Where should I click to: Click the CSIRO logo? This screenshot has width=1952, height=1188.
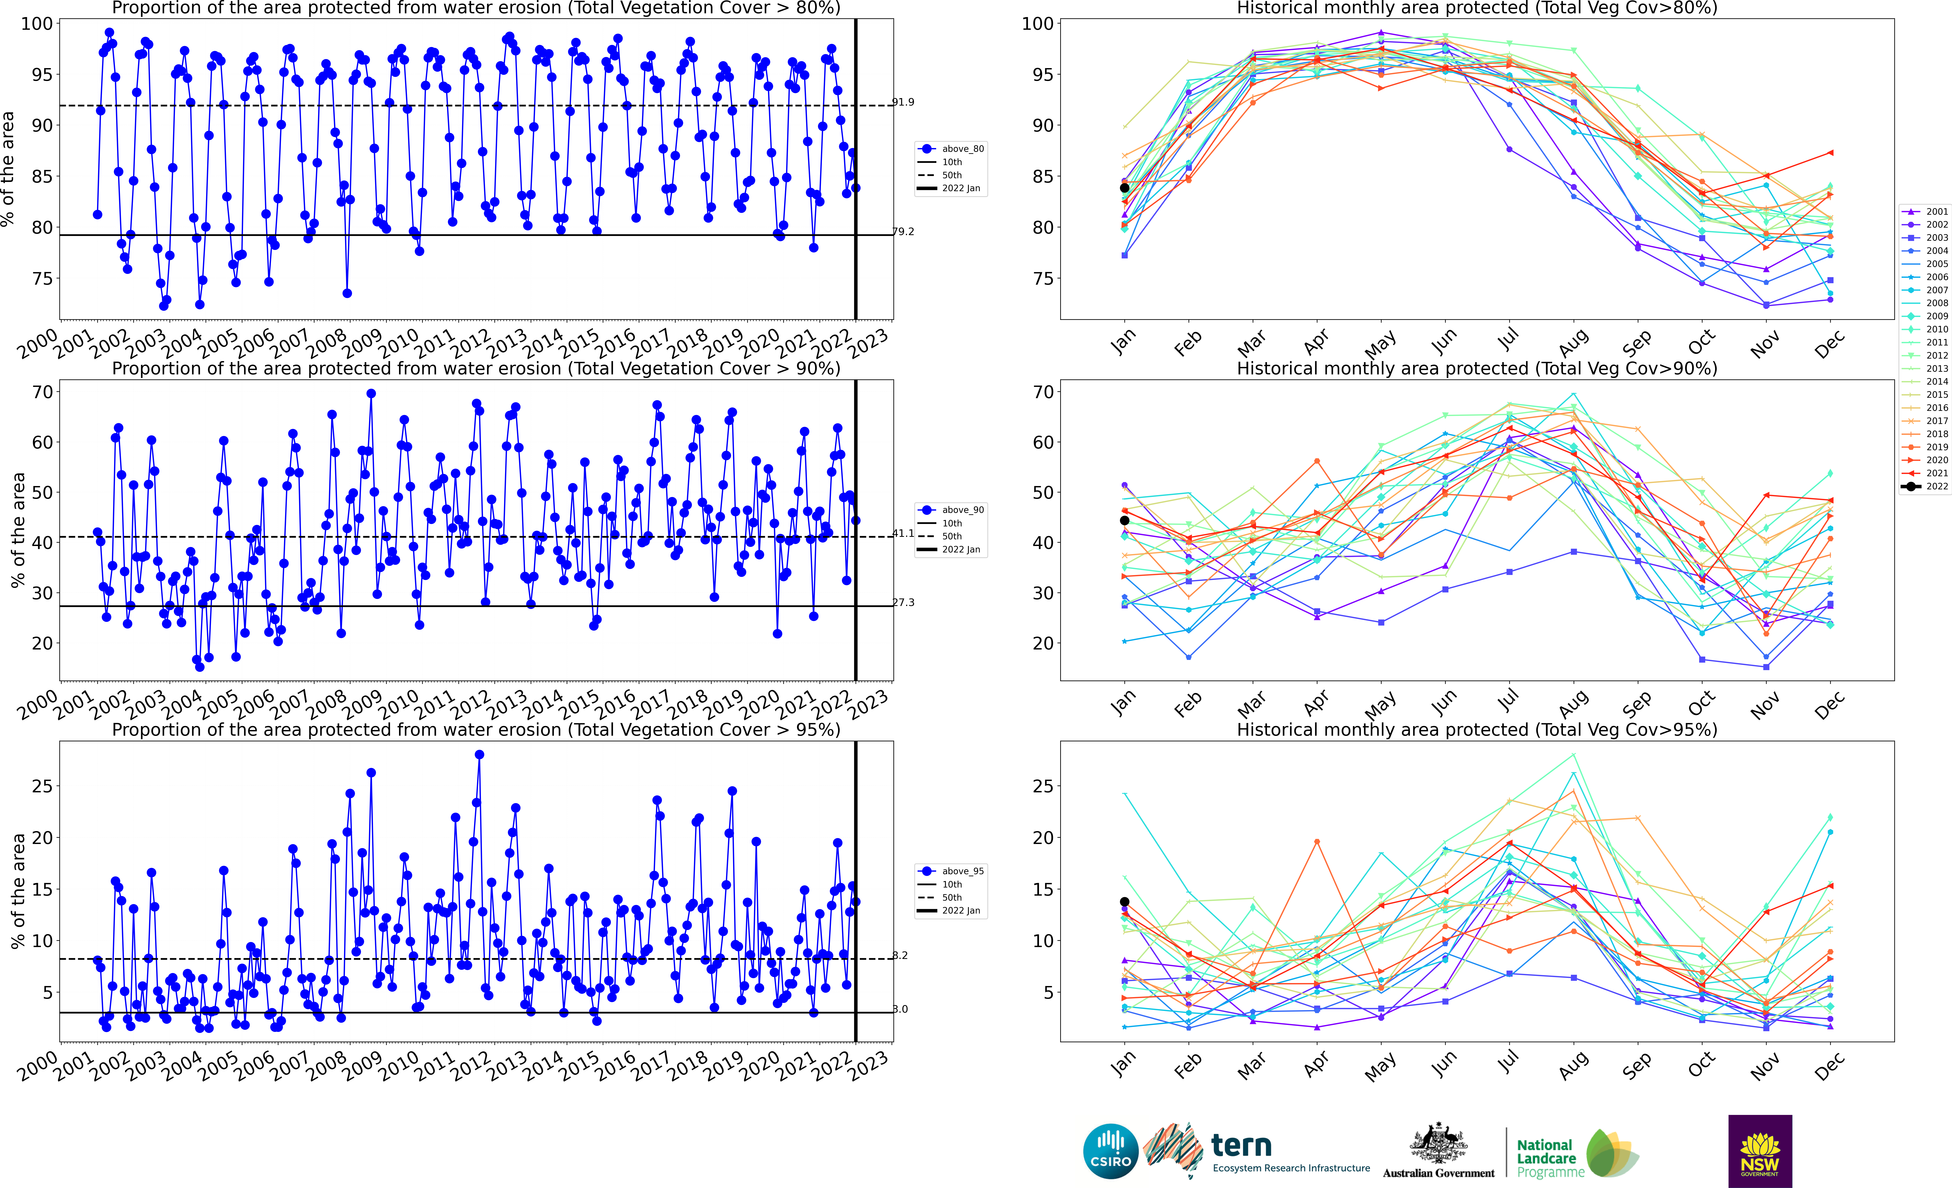(1111, 1151)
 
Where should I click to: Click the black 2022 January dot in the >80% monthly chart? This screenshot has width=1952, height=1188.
(1124, 188)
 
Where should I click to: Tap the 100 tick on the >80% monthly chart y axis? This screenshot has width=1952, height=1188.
(1037, 24)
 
